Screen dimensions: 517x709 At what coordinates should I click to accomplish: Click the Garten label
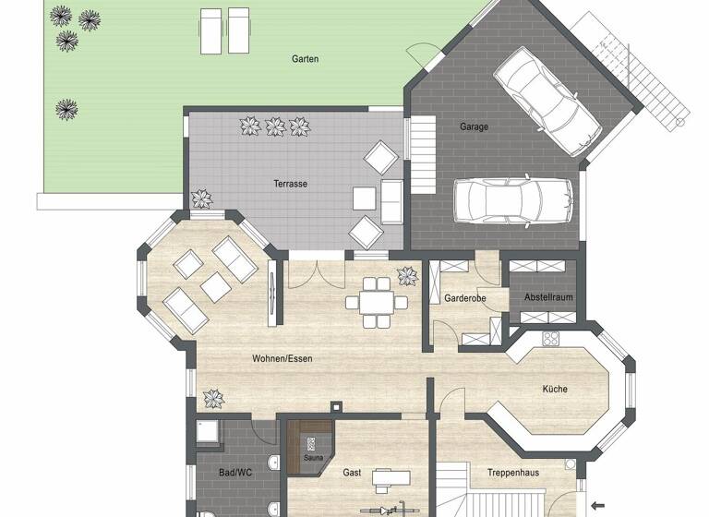pyautogui.click(x=305, y=59)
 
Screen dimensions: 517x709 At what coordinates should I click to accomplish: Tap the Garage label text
pyautogui.click(x=474, y=126)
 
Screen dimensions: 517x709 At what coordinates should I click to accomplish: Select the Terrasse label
pyautogui.click(x=290, y=184)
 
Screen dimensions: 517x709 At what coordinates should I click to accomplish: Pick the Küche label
pyautogui.click(x=555, y=390)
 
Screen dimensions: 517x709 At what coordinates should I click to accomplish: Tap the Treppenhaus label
pyautogui.click(x=513, y=473)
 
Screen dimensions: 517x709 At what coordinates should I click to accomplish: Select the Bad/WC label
pyautogui.click(x=235, y=473)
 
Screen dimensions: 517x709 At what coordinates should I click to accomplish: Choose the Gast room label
pyautogui.click(x=352, y=473)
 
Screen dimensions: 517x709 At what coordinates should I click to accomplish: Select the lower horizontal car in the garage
pyautogui.click(x=500, y=199)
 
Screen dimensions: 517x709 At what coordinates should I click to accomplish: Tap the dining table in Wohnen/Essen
pyautogui.click(x=376, y=300)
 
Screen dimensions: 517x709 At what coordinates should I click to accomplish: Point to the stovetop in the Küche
pyautogui.click(x=552, y=338)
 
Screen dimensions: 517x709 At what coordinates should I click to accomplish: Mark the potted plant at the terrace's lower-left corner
pyautogui.click(x=200, y=198)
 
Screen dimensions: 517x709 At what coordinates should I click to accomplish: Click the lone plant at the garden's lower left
pyautogui.click(x=66, y=109)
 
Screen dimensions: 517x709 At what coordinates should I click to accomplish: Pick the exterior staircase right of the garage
pyautogui.click(x=651, y=78)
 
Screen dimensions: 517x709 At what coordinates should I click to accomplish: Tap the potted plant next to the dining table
pyautogui.click(x=406, y=275)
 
